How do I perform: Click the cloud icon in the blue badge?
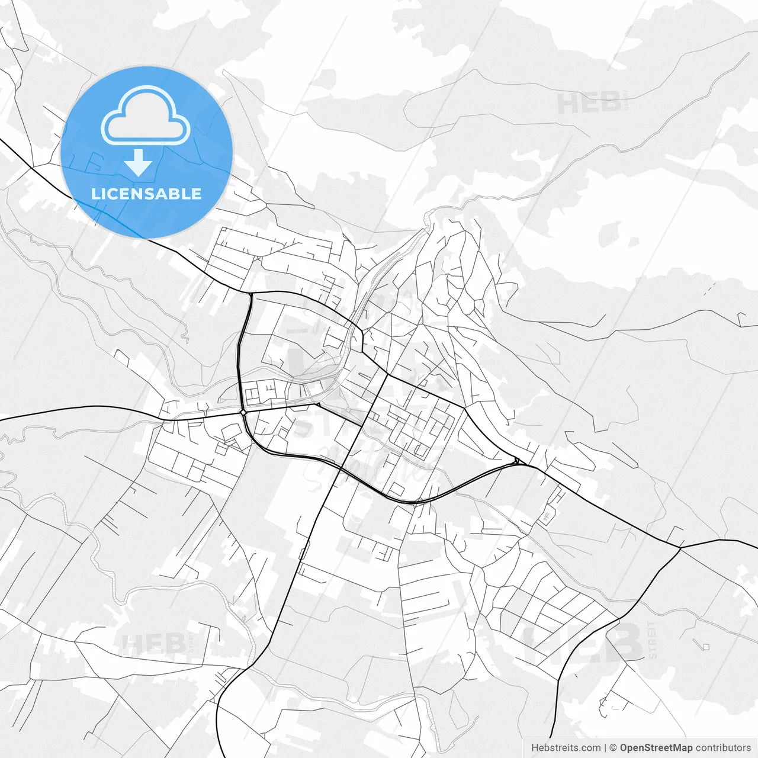tap(146, 115)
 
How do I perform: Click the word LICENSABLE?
tap(146, 194)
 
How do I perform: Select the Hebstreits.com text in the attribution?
tap(566, 748)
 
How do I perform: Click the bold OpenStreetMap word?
tap(656, 748)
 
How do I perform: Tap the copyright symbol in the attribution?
tap(614, 748)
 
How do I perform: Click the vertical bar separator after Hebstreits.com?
tap(605, 748)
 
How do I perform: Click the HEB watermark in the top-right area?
tap(588, 104)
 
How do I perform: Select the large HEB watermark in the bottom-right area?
tap(583, 643)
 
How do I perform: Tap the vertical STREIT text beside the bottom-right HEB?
tap(653, 640)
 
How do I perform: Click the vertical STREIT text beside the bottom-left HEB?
tap(191, 641)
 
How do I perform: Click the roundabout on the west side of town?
tap(243, 412)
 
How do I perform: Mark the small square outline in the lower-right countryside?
tap(705, 647)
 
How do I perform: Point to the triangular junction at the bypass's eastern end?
tap(517, 461)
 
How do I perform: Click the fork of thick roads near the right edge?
tap(680, 548)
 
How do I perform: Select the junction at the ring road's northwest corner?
tap(250, 293)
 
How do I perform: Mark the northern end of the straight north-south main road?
tap(387, 374)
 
